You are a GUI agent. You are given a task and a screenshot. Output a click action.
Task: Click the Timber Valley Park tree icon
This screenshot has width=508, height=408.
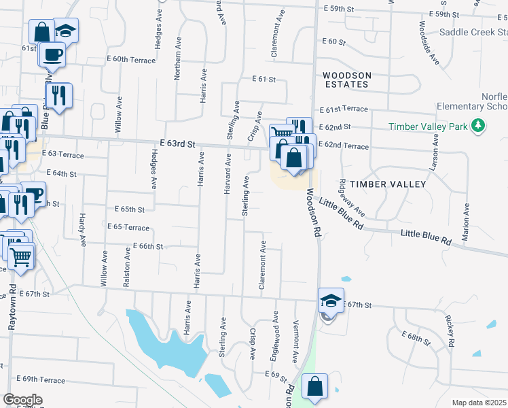click(x=478, y=125)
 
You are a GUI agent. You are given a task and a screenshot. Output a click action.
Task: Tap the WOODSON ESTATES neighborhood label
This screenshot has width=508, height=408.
click(x=346, y=80)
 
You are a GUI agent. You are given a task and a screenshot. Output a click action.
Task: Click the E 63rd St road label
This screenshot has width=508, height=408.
click(x=177, y=144)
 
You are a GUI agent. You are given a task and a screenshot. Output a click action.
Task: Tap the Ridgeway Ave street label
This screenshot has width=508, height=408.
click(x=352, y=197)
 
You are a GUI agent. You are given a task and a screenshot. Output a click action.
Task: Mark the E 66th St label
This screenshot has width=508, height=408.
click(x=148, y=245)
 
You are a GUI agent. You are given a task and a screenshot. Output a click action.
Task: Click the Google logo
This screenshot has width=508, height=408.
click(x=22, y=400)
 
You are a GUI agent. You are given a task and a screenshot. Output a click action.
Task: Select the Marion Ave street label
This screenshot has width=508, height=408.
click(x=467, y=221)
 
